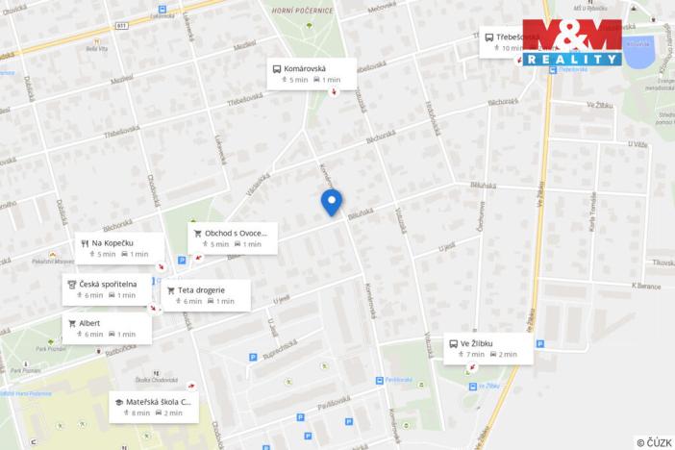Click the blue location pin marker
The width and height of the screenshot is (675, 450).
pos(331,202)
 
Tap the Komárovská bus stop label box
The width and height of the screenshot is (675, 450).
pos(312,74)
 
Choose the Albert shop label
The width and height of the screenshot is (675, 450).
pos(106,328)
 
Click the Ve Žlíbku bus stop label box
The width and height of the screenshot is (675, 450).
pos(487,348)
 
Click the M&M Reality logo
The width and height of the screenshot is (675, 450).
pos(572,42)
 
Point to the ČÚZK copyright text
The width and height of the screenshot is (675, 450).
pos(654,442)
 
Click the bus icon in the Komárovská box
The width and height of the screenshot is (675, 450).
pos(277,68)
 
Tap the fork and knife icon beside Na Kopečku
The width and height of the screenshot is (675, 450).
pos(85,243)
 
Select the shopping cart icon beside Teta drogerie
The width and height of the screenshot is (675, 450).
pos(171,289)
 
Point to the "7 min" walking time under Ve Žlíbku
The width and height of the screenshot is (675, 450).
pos(471,355)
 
